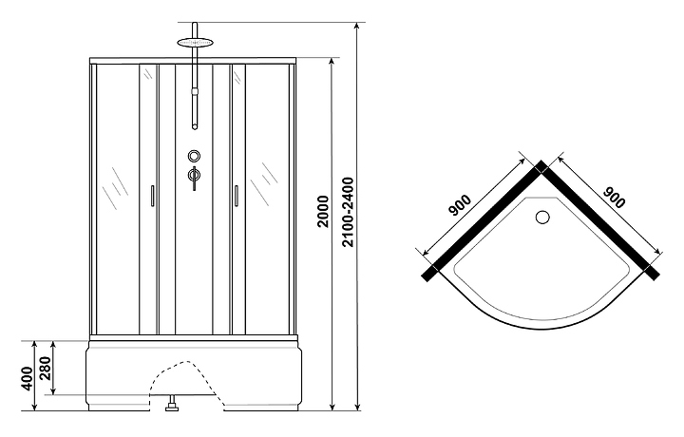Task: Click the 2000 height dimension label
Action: click(323, 212)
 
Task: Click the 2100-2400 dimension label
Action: click(348, 213)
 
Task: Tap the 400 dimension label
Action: click(27, 378)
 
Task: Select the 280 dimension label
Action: click(47, 369)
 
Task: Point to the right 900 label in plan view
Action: click(614, 198)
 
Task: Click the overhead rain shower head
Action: click(195, 43)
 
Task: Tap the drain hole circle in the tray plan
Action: click(542, 218)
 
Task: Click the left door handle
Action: click(152, 196)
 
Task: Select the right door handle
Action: click(236, 196)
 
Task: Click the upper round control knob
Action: click(194, 155)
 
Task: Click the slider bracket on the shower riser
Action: click(195, 91)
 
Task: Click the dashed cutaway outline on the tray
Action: click(186, 375)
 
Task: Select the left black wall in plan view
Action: click(484, 220)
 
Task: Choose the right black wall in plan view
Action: click(600, 220)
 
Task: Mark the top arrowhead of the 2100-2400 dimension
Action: click(357, 27)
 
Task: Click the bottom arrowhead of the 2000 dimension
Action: click(332, 407)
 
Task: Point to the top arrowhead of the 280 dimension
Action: click(53, 345)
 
